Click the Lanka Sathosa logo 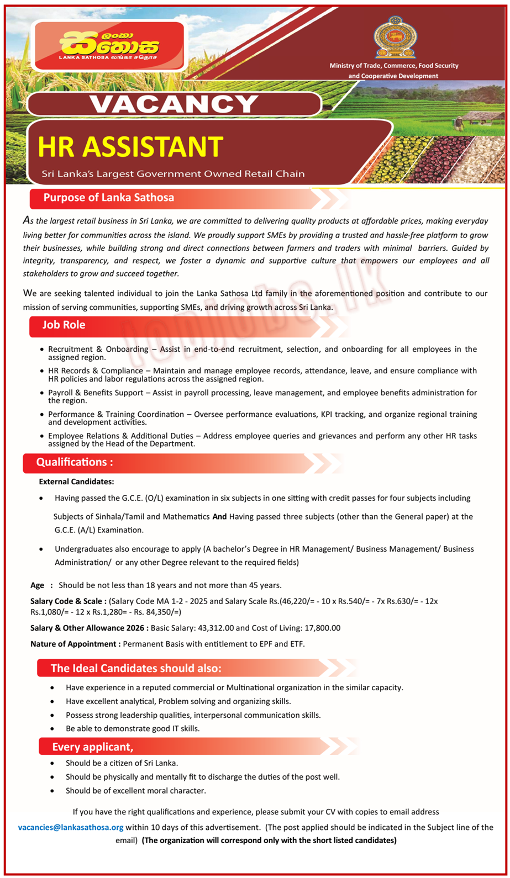click(x=109, y=46)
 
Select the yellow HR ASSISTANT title click(x=130, y=147)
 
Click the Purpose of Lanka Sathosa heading click(x=109, y=198)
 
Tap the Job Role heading click(x=64, y=325)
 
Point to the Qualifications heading click(x=75, y=462)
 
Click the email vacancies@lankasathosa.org click(x=71, y=827)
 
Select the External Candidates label click(x=76, y=482)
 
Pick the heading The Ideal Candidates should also click(x=136, y=668)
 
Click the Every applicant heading click(x=93, y=747)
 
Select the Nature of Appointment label click(x=75, y=644)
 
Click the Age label click(x=38, y=585)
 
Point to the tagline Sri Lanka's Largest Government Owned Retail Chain click(x=173, y=174)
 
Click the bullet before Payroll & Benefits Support click(x=42, y=393)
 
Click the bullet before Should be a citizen click(x=52, y=763)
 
